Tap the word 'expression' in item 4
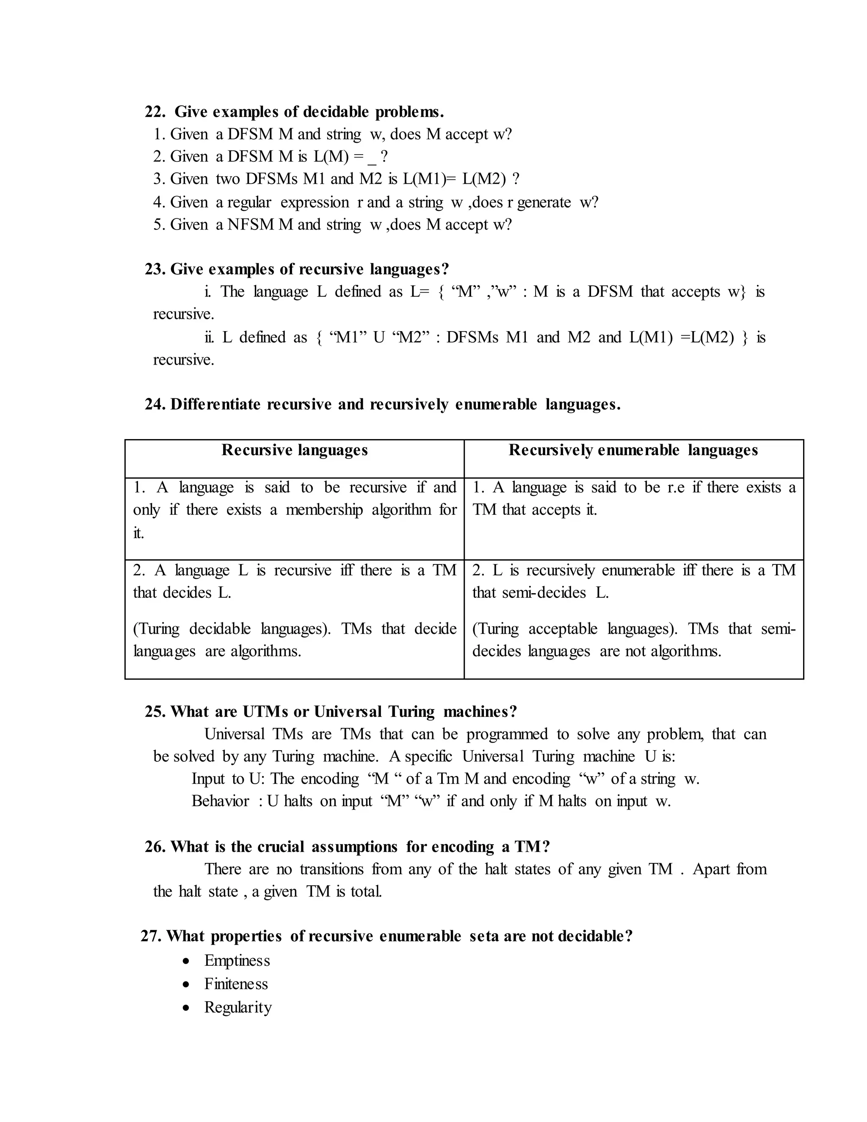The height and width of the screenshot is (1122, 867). [315, 202]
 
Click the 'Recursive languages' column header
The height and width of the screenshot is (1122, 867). [294, 450]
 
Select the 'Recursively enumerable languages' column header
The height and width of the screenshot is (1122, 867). [633, 450]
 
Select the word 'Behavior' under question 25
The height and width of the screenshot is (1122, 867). [220, 801]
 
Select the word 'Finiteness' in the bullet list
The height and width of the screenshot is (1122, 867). [236, 984]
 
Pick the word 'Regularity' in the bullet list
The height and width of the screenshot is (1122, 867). [237, 1007]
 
